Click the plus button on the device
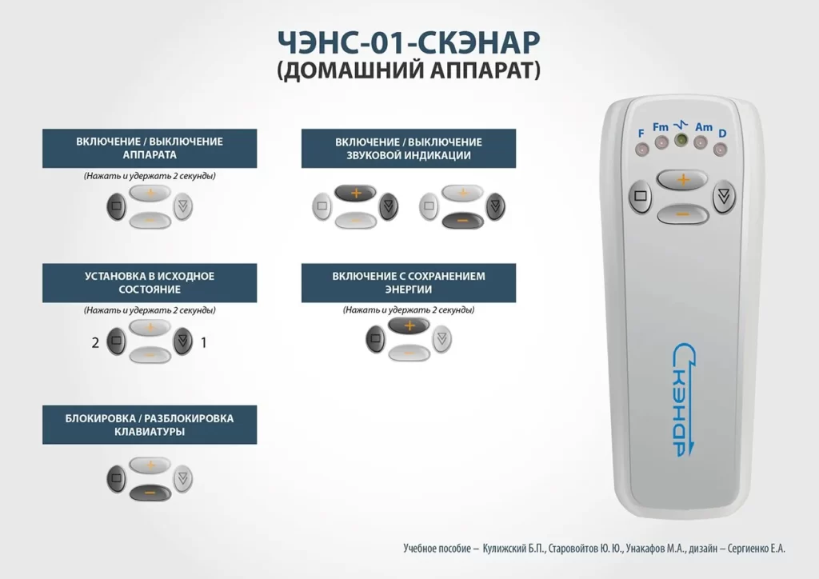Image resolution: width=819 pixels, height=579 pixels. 682,180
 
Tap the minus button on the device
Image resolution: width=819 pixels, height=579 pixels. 682,214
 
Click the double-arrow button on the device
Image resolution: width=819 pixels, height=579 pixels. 724,196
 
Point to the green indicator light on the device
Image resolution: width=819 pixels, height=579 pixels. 681,140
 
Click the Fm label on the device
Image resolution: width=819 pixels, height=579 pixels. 660,127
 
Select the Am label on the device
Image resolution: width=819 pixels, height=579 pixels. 704,127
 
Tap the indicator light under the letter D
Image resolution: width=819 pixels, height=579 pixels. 721,150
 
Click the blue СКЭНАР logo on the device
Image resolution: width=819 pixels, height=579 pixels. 685,400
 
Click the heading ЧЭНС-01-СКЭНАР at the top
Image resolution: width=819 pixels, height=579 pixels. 409,42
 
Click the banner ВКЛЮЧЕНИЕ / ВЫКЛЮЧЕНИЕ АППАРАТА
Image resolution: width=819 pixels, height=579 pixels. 150,148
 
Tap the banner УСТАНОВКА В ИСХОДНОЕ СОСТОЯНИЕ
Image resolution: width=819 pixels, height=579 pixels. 150,283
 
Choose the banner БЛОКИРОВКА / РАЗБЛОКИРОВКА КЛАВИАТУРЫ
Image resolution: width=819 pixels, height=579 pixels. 150,425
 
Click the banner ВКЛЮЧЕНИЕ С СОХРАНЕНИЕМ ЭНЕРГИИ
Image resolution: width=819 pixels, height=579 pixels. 409,283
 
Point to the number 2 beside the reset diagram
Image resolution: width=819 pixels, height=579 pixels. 95,342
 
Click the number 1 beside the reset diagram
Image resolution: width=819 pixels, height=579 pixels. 204,342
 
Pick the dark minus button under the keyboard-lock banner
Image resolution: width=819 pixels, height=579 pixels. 150,493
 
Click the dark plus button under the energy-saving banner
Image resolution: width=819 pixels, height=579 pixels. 409,325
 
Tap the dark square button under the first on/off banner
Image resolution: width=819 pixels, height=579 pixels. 117,206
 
